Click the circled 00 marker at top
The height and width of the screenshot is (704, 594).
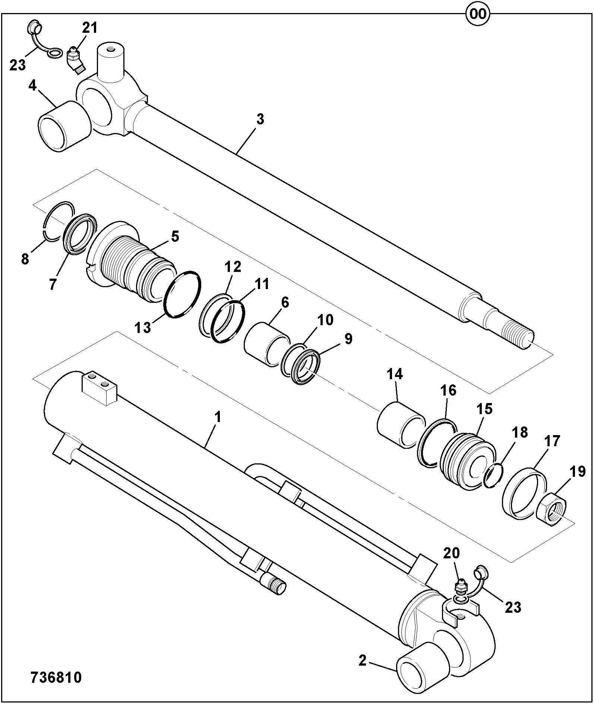[478, 14]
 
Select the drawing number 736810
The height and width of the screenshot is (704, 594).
[56, 678]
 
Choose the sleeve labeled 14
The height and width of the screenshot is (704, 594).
[401, 424]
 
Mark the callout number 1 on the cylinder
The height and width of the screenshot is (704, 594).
[218, 417]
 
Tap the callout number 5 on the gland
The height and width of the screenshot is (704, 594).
[175, 237]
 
